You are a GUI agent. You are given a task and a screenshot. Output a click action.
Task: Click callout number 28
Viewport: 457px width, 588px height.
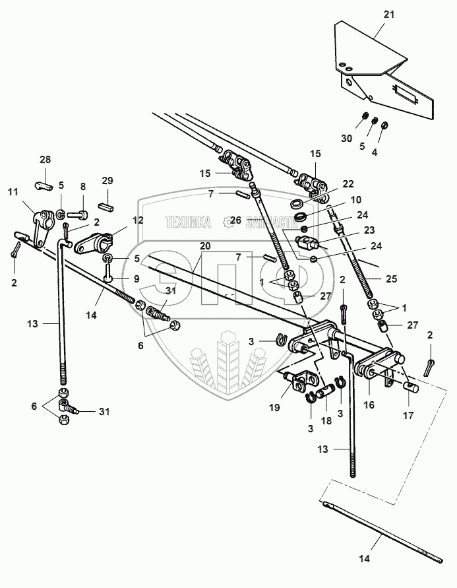45,160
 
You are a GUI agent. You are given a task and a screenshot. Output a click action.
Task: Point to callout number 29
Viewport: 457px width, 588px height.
107,181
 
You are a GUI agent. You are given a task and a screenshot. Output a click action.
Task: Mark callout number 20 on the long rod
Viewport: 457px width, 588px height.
205,245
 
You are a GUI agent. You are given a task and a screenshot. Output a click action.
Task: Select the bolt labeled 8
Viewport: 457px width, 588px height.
82,214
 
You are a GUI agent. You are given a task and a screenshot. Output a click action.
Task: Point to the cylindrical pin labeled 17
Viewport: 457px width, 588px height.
413,387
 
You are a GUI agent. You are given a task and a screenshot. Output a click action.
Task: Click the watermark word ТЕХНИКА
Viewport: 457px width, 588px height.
188,222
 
